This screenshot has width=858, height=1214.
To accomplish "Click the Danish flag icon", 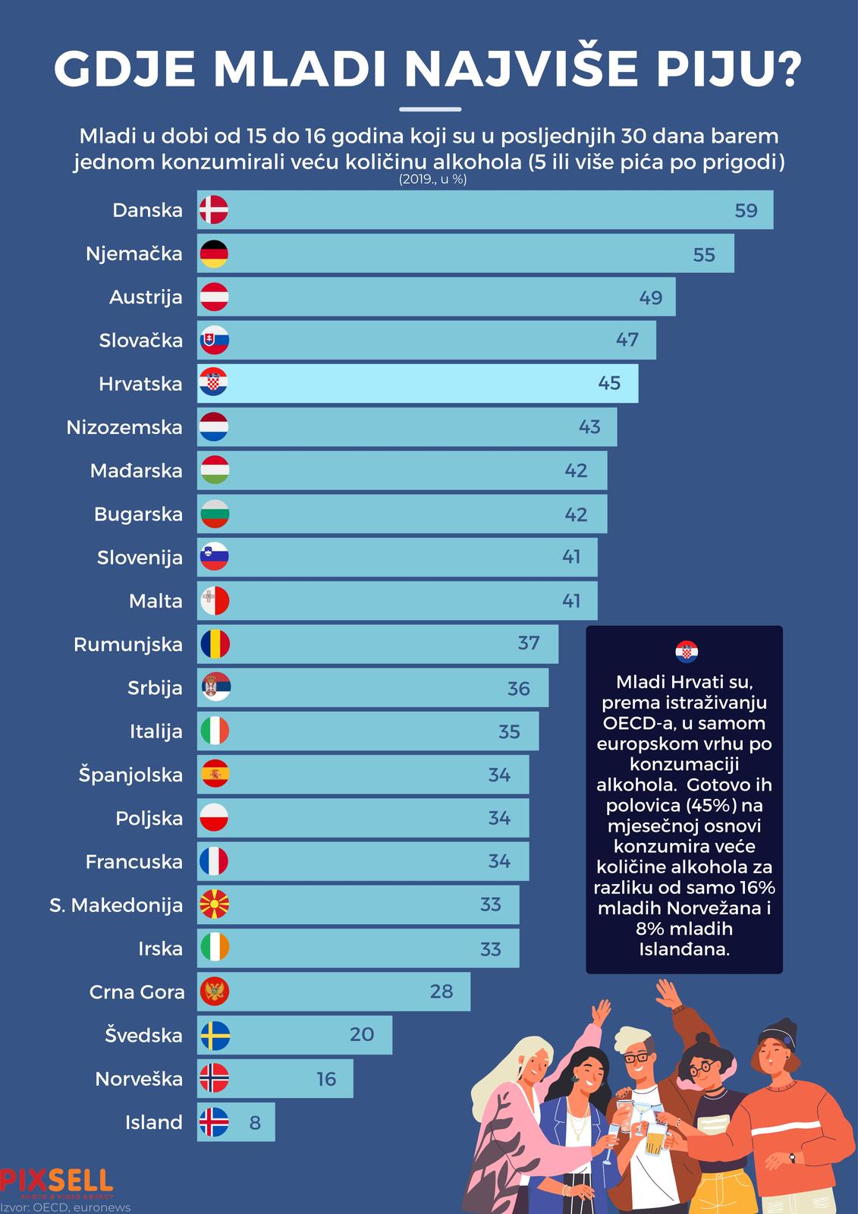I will (214, 210).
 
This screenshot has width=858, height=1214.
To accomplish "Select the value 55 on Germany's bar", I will (704, 254).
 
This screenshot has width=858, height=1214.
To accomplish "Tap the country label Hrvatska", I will (140, 384).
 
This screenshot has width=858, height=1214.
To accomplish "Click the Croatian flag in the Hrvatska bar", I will (214, 383).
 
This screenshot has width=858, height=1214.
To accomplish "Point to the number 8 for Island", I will (255, 1122).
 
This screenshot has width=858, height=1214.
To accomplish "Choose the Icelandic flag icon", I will (214, 1122).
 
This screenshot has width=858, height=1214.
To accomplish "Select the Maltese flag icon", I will (214, 601).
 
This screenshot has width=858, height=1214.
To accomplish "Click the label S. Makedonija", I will (116, 905).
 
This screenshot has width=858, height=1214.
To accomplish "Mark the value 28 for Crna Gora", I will (441, 992).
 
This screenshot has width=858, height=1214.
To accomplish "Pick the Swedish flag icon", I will (214, 1036).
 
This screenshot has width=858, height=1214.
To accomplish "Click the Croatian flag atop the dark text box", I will (686, 652).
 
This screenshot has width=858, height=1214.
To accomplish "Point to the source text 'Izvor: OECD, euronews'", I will (66, 1207).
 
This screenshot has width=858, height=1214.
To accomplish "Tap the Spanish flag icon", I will (214, 775).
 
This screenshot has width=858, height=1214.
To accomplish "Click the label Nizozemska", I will (124, 427).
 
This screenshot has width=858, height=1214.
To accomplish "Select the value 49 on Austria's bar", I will (650, 297).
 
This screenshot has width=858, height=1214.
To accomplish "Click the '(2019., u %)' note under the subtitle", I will (432, 181).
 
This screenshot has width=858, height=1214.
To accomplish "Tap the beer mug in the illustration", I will (654, 1141).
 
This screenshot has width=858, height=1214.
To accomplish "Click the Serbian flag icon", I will (214, 688).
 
